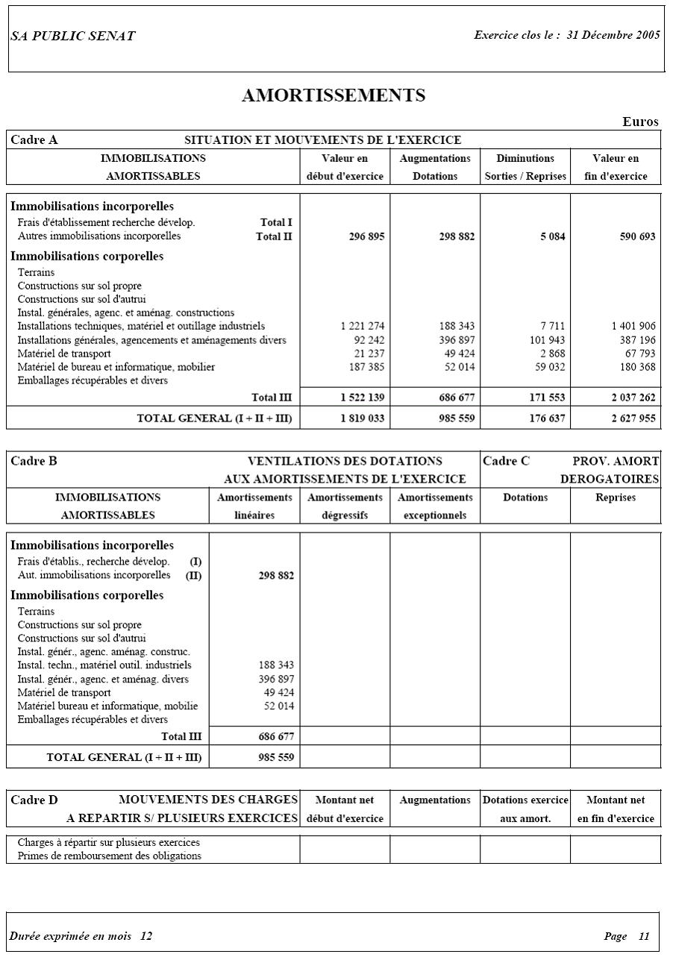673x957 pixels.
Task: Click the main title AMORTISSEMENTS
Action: click(334, 95)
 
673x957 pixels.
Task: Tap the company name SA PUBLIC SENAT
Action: click(73, 37)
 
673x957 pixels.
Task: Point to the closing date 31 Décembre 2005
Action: click(613, 35)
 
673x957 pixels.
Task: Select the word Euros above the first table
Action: click(641, 122)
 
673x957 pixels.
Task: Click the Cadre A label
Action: click(34, 139)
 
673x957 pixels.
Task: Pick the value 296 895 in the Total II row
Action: click(366, 236)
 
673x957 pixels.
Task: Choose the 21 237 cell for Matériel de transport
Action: click(369, 354)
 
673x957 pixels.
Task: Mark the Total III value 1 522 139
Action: click(362, 398)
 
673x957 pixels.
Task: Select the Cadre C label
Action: click(506, 461)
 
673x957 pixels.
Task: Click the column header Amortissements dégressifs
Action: click(345, 506)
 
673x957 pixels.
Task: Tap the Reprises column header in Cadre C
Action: click(616, 498)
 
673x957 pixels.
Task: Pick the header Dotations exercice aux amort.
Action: click(525, 809)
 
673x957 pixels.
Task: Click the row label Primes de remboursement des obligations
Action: click(109, 856)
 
